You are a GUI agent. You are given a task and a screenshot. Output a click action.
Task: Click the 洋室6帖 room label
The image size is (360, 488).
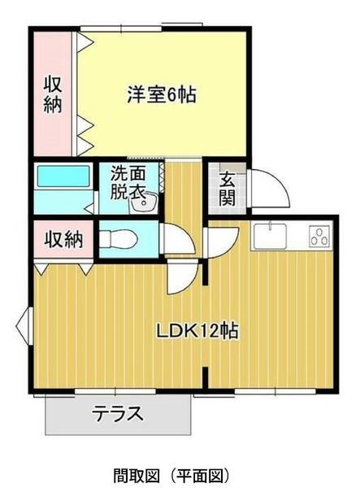click(x=161, y=94)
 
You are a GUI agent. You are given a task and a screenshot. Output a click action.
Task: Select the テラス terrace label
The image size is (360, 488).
click(x=118, y=413)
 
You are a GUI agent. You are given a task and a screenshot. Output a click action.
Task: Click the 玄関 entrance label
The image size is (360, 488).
click(x=227, y=188)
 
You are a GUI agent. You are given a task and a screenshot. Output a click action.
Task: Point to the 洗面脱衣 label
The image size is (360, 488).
click(x=128, y=184)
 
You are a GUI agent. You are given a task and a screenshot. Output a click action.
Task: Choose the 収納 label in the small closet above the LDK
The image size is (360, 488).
click(x=63, y=240)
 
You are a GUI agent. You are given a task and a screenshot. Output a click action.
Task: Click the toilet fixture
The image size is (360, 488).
click(x=119, y=239)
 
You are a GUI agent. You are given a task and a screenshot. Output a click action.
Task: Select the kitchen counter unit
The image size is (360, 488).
click(x=293, y=237)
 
